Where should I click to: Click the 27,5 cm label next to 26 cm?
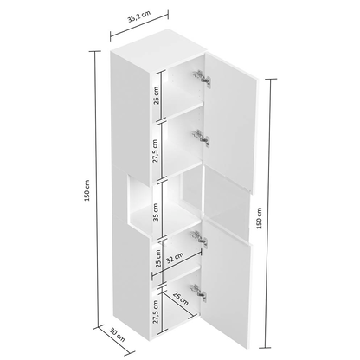click(x=157, y=308)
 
